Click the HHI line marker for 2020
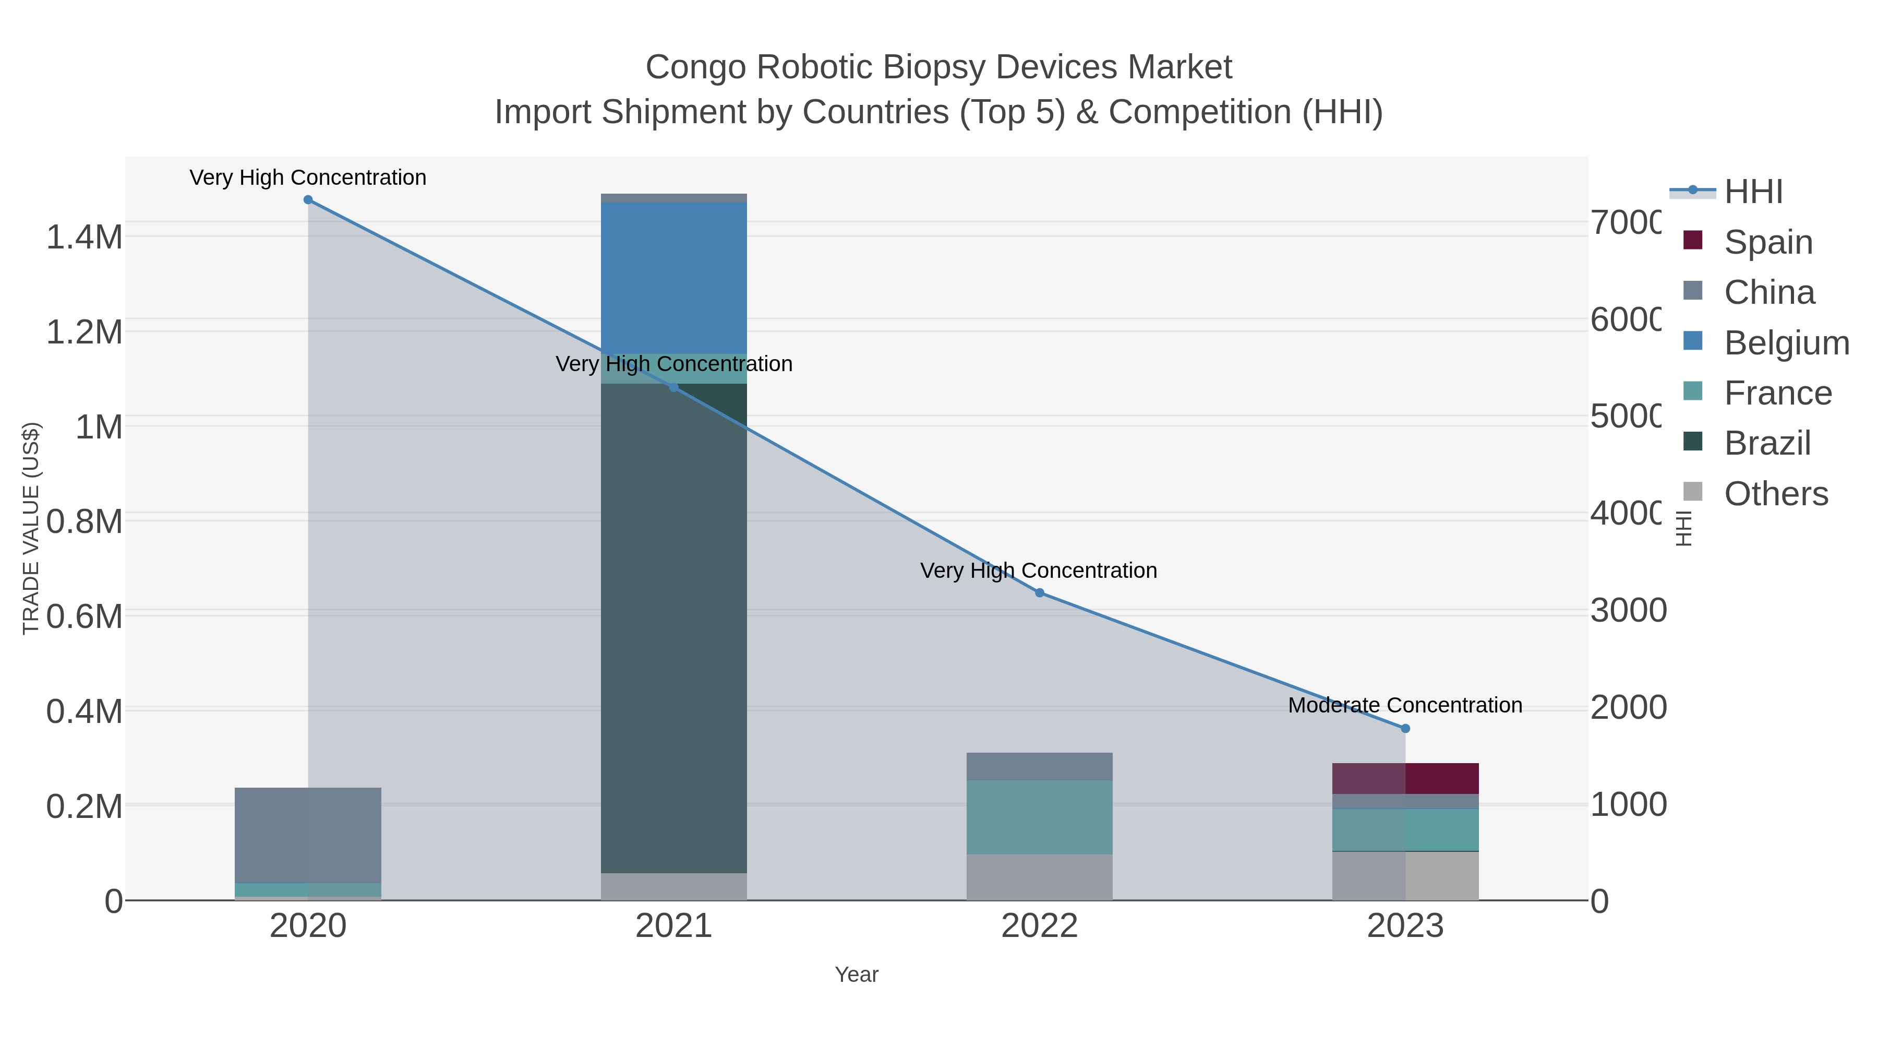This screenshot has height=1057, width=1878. pos(308,200)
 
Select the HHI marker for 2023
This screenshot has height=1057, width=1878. pos(1405,728)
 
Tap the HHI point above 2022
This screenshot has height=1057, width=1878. pos(1040,593)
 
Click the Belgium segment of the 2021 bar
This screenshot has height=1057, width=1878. pos(673,278)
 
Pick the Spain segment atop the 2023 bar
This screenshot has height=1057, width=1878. pos(1405,778)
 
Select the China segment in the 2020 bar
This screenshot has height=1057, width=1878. pos(308,835)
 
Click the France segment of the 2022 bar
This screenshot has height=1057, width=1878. pos(1040,817)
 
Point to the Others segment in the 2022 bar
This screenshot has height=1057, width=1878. pos(1040,877)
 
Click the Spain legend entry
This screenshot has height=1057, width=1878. pos(1768,242)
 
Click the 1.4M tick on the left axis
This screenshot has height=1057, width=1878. pos(84,237)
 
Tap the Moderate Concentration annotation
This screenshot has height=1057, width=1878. pos(1405,705)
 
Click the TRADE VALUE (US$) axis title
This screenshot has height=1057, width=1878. pos(31,528)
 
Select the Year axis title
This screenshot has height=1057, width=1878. pos(857,975)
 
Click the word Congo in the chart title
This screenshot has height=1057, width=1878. pos(695,67)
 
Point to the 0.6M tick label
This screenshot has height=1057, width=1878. pos(84,616)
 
